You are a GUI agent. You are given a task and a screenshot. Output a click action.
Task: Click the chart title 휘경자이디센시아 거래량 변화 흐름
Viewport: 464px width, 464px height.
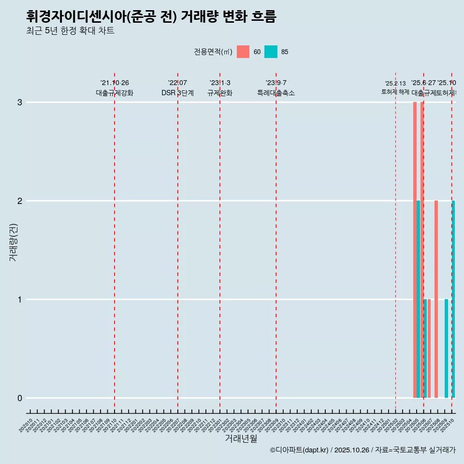(151, 17)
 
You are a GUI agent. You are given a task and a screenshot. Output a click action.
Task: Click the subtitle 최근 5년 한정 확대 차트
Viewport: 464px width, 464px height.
(70, 31)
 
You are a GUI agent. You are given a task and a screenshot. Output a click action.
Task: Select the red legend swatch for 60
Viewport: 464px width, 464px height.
(243, 52)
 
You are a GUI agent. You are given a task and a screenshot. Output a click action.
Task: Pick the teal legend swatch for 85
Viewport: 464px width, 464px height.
(271, 52)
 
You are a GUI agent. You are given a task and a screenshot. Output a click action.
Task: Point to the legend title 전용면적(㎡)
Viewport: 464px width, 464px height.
(213, 52)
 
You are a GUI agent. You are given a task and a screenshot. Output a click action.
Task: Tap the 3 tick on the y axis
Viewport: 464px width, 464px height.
(20, 102)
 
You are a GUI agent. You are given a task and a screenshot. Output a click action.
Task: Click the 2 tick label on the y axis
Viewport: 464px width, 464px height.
(20, 201)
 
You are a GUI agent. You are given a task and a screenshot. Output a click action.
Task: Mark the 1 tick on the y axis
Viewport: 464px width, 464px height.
(20, 300)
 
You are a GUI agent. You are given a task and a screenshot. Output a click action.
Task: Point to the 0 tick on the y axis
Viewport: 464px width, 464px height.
(20, 398)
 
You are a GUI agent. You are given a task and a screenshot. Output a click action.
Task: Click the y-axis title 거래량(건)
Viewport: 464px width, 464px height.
(13, 242)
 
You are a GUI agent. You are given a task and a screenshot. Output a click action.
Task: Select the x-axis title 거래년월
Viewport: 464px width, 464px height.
(241, 439)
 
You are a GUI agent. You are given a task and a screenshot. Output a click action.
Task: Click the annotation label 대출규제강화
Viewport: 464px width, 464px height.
(115, 93)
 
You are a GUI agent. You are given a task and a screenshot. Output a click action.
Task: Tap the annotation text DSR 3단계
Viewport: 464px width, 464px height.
(177, 93)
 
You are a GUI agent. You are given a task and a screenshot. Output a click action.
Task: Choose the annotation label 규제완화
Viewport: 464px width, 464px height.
(220, 93)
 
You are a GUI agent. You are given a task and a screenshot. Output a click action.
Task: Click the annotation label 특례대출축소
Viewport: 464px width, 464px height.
(276, 93)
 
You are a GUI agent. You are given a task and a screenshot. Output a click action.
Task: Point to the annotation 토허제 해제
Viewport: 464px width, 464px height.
(395, 92)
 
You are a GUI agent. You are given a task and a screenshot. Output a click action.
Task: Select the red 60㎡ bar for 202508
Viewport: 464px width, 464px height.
(436, 299)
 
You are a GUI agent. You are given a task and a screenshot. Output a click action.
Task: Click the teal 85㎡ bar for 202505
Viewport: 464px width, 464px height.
(418, 299)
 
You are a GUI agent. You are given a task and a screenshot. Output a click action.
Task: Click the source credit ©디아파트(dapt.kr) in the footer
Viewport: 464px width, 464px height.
(299, 450)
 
